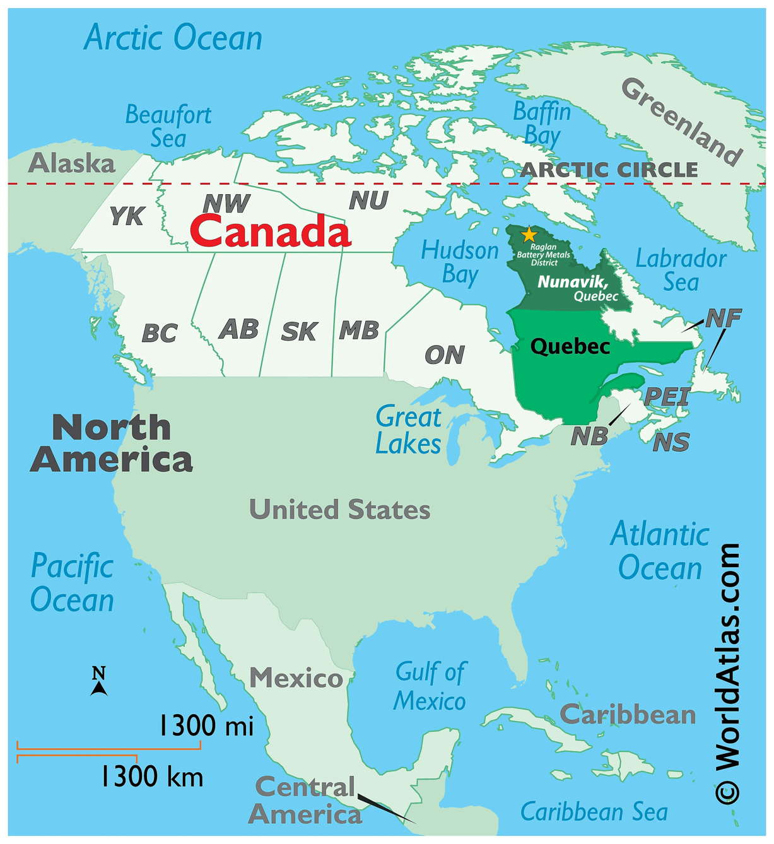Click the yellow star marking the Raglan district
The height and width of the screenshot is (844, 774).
coord(528,235)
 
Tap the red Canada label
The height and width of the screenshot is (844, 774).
coord(270,231)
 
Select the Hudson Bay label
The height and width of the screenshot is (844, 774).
coord(460,262)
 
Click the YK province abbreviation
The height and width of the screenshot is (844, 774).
coord(127,216)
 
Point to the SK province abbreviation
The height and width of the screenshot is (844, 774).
coord(298,331)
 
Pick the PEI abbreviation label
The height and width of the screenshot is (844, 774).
coord(667,397)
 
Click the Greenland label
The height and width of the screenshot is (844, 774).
coord(681,121)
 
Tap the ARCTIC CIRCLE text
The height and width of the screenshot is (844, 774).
coord(609,170)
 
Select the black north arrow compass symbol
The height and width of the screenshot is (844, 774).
coord(98,682)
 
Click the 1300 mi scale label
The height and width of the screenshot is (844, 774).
coord(206,725)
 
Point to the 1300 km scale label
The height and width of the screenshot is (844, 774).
coord(152,776)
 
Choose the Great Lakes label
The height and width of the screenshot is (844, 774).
coord(408,430)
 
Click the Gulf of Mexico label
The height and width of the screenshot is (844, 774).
coord(430,686)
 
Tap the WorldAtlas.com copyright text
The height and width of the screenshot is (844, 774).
coord(727,672)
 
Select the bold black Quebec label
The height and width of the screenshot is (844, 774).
coord(570,346)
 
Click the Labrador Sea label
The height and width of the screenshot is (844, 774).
coord(681,270)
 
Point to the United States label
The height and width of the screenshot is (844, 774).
coord(339,510)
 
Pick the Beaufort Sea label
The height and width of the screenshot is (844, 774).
coord(168,126)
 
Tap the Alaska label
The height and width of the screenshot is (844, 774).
coord(72,163)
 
